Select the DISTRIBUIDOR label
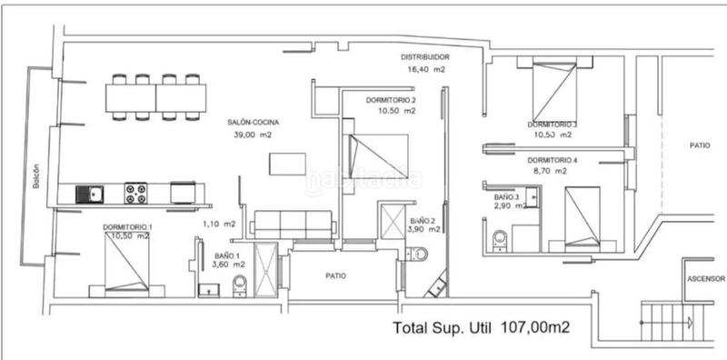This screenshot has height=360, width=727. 425,56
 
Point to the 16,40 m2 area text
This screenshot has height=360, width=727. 425,69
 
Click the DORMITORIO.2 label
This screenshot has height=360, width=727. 391,99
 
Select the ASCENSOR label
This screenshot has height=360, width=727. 705,280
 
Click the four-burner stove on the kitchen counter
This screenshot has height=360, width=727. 136,194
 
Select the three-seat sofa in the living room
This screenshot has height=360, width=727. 294,223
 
